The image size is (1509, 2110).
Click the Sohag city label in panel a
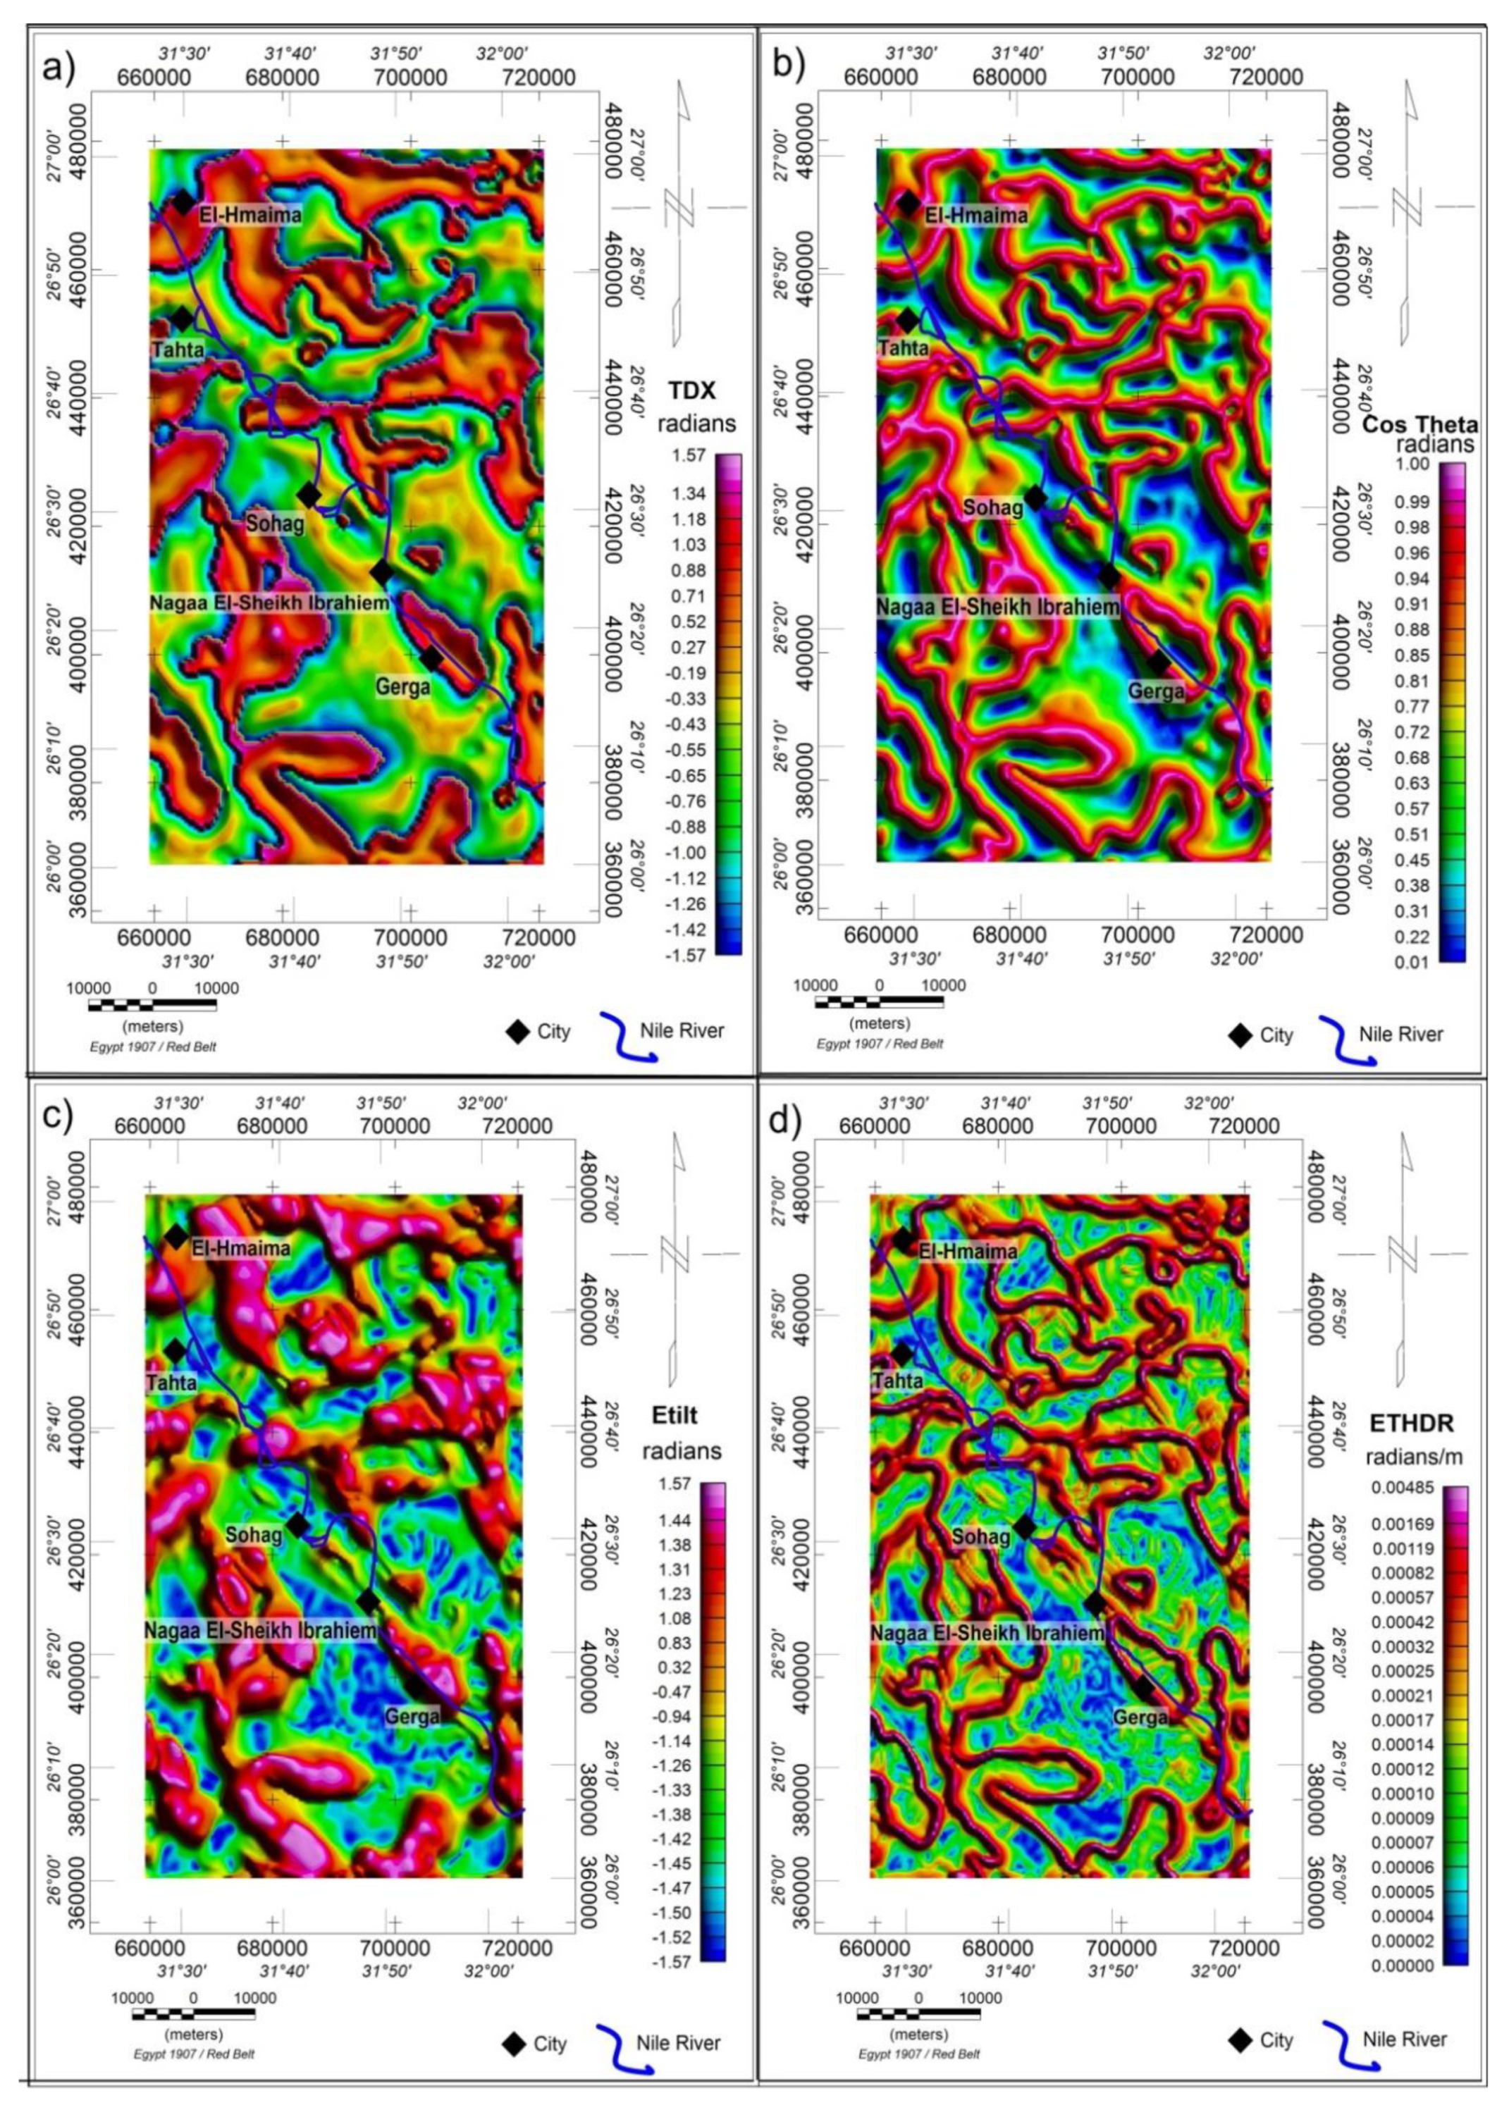coord(274,523)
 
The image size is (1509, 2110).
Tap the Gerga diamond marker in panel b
coord(1158,663)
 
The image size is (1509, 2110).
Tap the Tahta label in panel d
coord(898,1381)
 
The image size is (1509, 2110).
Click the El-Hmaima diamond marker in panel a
coord(183,201)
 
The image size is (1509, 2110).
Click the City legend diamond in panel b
coord(1240,1035)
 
